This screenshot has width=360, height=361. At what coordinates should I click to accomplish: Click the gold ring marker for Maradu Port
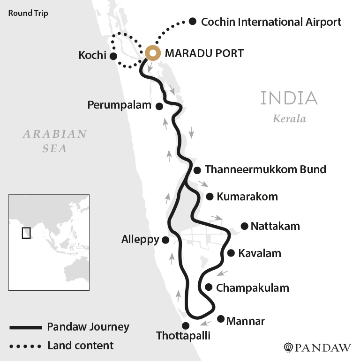click(x=152, y=53)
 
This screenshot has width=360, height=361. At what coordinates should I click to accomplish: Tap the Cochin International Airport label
click(x=271, y=22)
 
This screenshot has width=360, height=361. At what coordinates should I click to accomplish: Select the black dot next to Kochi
click(x=113, y=56)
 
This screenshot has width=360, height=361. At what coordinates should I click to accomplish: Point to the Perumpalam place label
click(x=120, y=105)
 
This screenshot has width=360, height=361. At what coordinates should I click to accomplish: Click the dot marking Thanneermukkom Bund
click(x=197, y=170)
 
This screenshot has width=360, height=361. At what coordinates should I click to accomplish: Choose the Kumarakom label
click(x=247, y=197)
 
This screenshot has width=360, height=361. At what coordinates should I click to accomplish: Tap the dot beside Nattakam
click(x=244, y=226)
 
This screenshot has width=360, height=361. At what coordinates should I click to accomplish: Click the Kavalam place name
click(x=260, y=253)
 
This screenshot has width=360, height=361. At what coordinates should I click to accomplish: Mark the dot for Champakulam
click(x=209, y=287)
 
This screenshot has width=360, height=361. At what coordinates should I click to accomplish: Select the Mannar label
click(x=246, y=321)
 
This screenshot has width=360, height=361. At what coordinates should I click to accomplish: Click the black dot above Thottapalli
click(x=186, y=325)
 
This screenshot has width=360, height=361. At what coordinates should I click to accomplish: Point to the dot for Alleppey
click(x=165, y=240)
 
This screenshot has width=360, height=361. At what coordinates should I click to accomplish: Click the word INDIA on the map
click(x=289, y=98)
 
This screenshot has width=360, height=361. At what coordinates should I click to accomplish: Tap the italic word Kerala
click(x=289, y=118)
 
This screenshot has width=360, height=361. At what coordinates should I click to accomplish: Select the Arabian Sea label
click(x=55, y=141)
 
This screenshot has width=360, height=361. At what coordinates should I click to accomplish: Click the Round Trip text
click(x=28, y=13)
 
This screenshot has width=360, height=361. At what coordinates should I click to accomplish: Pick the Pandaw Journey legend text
click(x=88, y=326)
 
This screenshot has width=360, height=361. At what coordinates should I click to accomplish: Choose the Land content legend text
click(x=80, y=346)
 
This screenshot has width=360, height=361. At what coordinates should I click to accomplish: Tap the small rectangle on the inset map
click(x=26, y=232)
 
